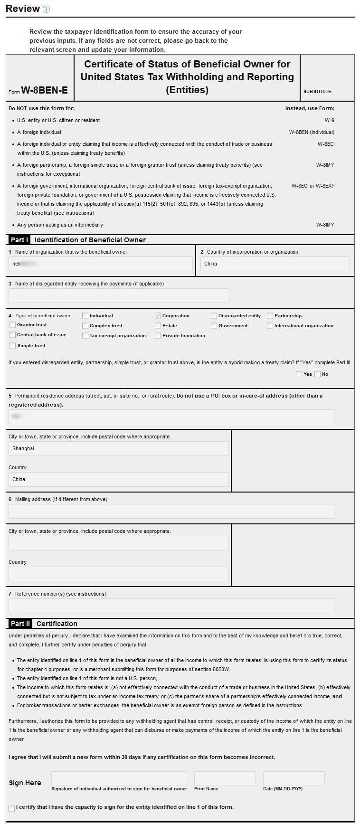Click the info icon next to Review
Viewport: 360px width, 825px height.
coord(46,9)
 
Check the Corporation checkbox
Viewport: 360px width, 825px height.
coord(158,316)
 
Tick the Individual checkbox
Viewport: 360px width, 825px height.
coord(85,316)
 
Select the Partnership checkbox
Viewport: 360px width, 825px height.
coord(270,316)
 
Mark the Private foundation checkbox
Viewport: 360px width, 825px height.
coord(158,336)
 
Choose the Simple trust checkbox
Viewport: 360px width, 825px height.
coord(12,346)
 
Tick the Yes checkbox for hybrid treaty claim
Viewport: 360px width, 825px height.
coord(299,374)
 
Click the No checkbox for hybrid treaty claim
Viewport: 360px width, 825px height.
coord(317,374)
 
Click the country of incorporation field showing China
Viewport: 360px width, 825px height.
coord(275,264)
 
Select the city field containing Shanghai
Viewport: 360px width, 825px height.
coord(118,449)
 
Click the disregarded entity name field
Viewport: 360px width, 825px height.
coord(118,295)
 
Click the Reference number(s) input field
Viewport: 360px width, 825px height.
coord(171,606)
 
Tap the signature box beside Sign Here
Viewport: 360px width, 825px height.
coord(119,778)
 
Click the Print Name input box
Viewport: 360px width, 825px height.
coord(225,778)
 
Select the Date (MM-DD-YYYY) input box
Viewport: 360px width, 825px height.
coord(294,778)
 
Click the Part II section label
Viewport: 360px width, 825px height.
coord(20,624)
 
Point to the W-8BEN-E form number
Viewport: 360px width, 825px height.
coord(44,90)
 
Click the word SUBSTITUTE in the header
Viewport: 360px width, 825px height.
coord(317,92)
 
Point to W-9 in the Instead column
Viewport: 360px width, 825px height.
coord(329,121)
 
